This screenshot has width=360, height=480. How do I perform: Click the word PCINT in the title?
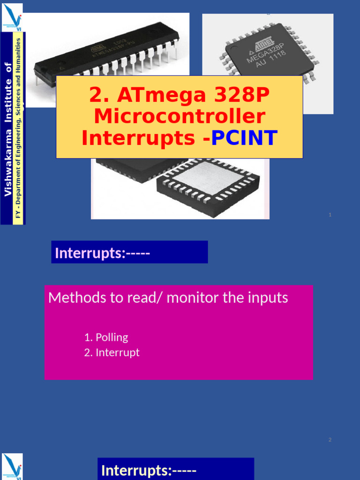click(x=244, y=138)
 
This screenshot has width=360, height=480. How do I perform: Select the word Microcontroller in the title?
click(x=180, y=117)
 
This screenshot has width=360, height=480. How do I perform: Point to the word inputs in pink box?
click(x=267, y=298)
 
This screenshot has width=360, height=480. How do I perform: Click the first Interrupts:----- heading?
click(x=102, y=253)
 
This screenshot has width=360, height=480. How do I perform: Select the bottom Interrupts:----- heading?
click(x=149, y=470)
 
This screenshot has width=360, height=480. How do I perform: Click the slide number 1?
click(x=330, y=215)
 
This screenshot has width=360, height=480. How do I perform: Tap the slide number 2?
click(x=330, y=440)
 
